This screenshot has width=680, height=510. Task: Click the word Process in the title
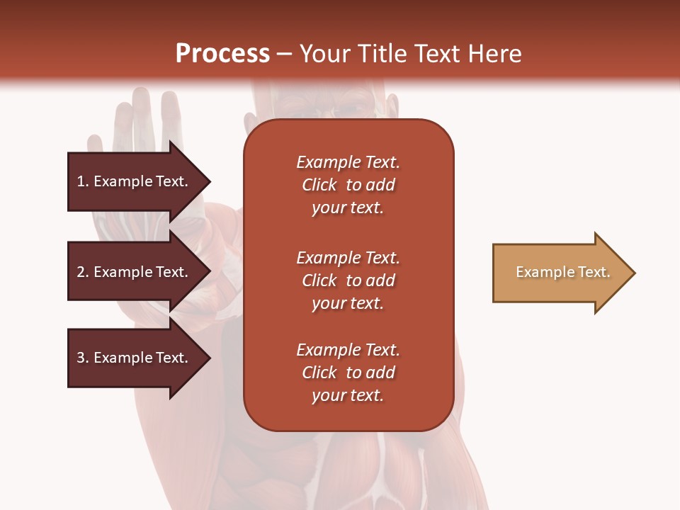pyautogui.click(x=222, y=54)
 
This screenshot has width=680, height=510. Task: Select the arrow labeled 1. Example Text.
pyautogui.click(x=135, y=181)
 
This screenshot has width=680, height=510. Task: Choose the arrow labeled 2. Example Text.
pyautogui.click(x=135, y=272)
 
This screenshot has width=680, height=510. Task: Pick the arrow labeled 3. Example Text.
pyautogui.click(x=135, y=358)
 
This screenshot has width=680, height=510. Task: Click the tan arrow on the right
pyautogui.click(x=560, y=273)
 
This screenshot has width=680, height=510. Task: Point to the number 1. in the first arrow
pyautogui.click(x=83, y=181)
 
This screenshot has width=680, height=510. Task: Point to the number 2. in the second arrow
pyautogui.click(x=83, y=272)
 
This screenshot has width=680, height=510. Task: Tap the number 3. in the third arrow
pyautogui.click(x=83, y=358)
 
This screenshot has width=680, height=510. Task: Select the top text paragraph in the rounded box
pyautogui.click(x=348, y=185)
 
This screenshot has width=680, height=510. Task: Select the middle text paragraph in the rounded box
pyautogui.click(x=348, y=280)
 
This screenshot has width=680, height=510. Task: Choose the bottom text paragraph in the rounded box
pyautogui.click(x=348, y=373)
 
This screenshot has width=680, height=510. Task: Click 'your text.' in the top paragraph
pyautogui.click(x=348, y=208)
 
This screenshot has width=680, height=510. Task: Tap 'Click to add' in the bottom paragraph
pyautogui.click(x=348, y=373)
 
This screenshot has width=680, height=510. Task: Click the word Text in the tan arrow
pyautogui.click(x=594, y=272)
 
